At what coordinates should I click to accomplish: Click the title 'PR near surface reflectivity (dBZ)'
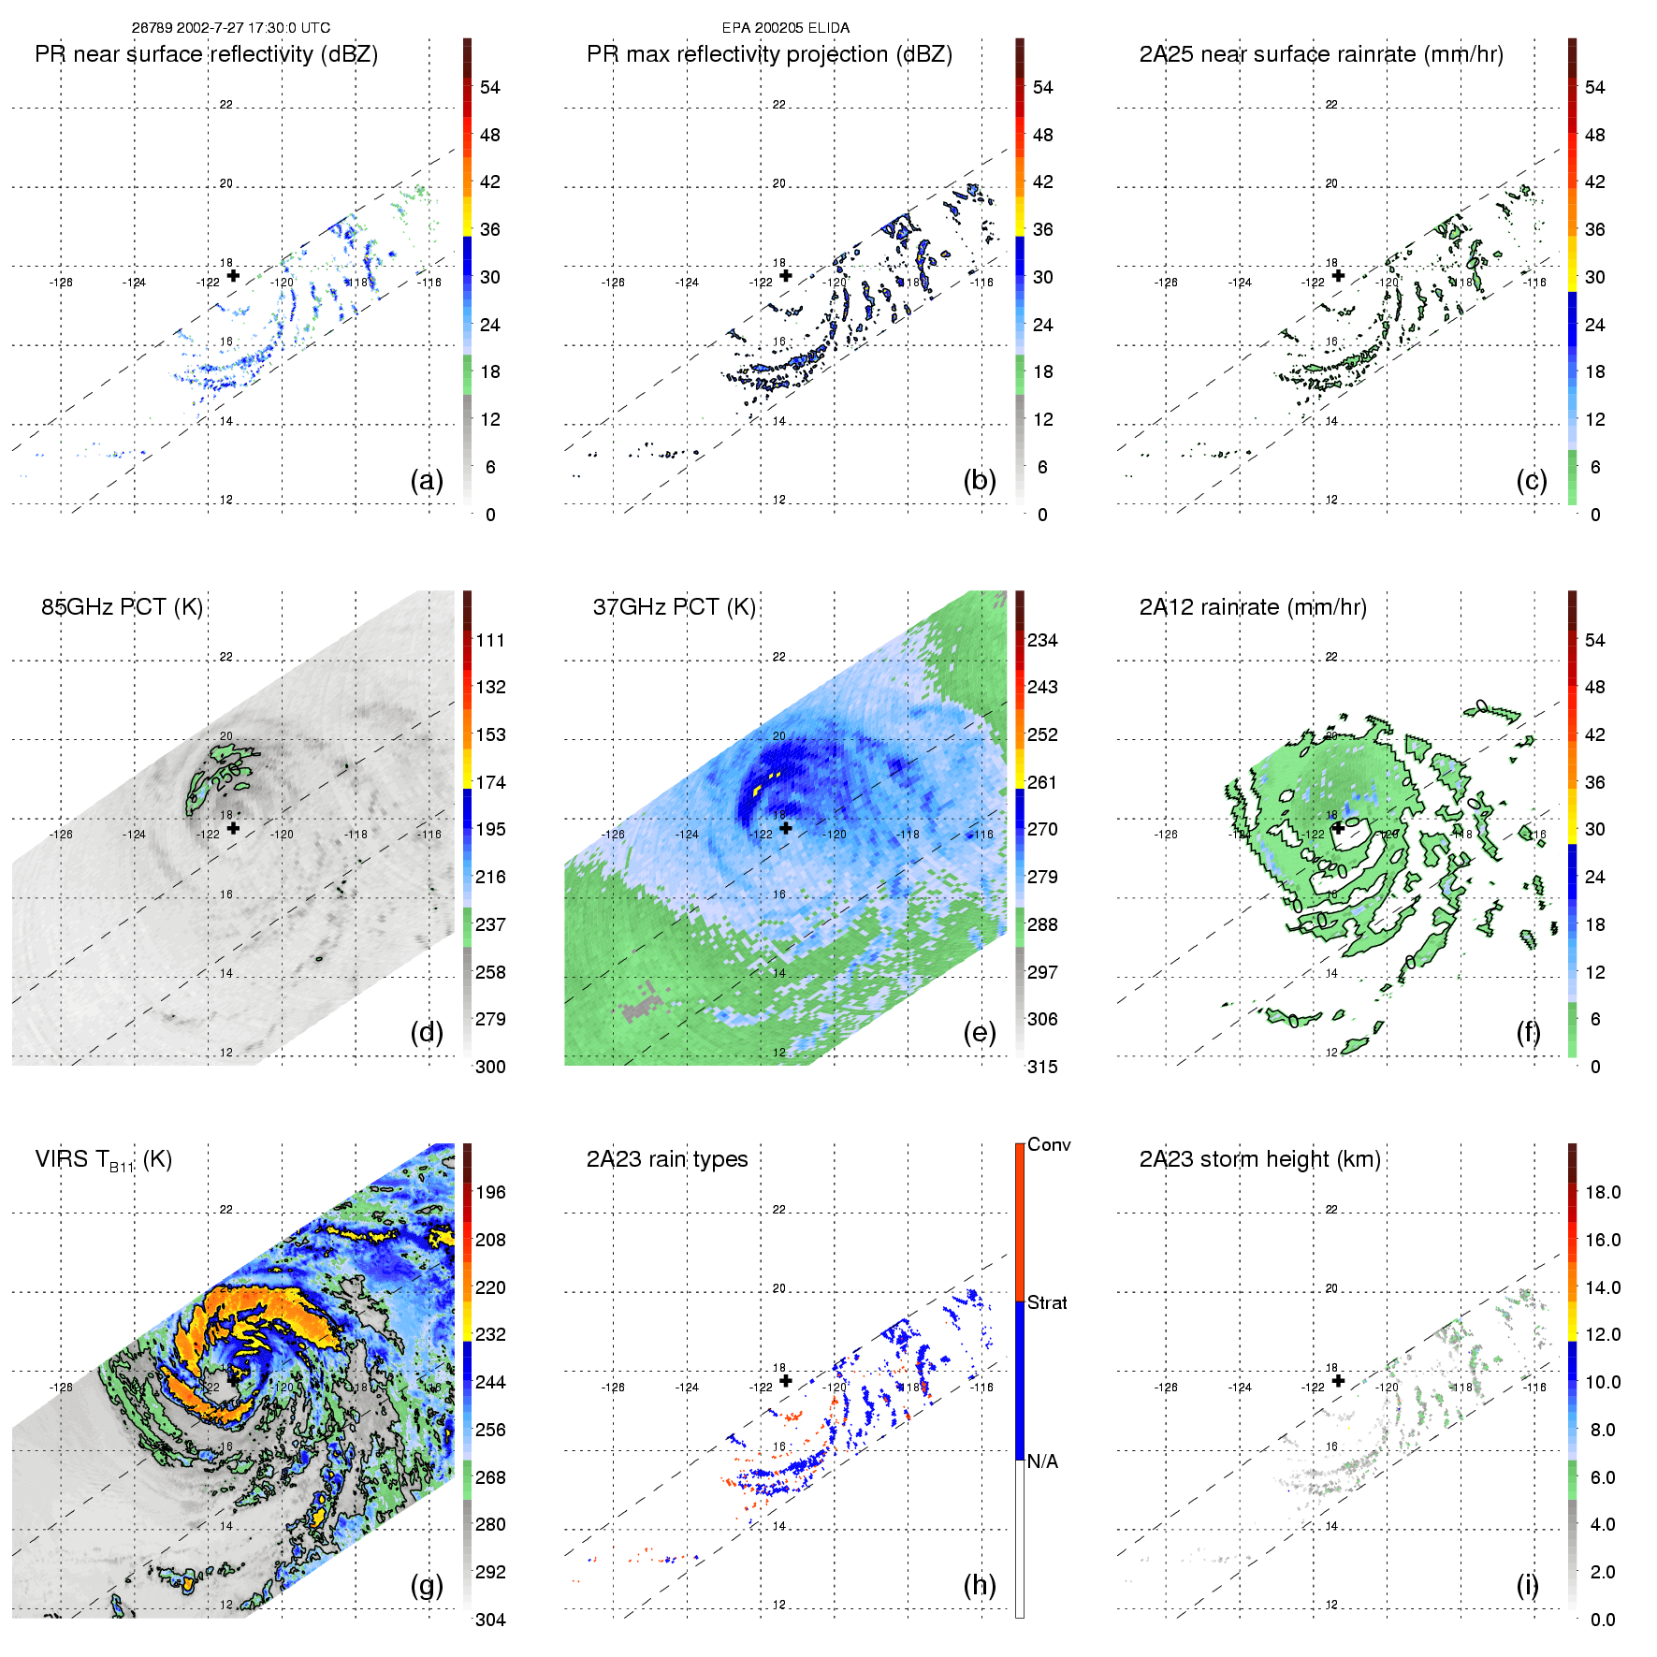206,54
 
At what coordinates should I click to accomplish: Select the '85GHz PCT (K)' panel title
122,607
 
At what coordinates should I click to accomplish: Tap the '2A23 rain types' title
667,1159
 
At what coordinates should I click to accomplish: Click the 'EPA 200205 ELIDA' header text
786,28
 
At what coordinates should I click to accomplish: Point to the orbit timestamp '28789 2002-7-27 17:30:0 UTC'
230,28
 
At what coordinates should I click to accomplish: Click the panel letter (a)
427,481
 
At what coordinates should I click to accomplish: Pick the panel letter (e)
980,1033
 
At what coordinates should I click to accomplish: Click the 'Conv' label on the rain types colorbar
1049,1144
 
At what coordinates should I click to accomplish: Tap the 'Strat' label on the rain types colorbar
1047,1302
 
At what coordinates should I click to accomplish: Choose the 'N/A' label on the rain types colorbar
1042,1461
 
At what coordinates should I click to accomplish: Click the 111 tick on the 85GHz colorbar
490,641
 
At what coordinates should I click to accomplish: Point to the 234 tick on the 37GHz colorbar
1042,641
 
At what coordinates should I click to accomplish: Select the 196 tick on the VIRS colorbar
490,1193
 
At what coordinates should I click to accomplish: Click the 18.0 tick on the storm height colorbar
1603,1193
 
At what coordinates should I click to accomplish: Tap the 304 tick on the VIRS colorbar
490,1620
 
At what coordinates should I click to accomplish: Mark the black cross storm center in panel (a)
233,275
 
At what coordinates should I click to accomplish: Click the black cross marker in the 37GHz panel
786,828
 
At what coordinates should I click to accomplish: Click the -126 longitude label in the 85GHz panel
61,835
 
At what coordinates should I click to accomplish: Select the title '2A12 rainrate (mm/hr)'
1253,607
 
